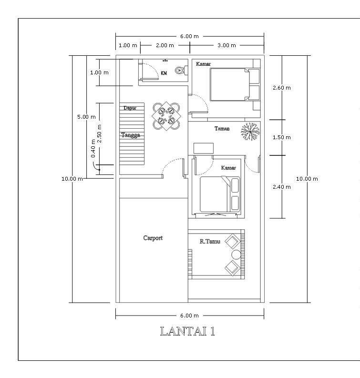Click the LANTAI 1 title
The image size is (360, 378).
click(x=187, y=331)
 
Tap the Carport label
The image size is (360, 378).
click(x=153, y=238)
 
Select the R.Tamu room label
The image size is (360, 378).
click(x=209, y=242)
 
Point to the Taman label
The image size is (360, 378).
click(x=222, y=129)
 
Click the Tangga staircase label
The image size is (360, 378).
click(x=130, y=135)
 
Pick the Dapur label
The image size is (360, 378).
click(x=130, y=108)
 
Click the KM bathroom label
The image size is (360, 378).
click(x=164, y=73)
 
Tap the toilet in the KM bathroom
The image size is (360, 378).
click(x=180, y=71)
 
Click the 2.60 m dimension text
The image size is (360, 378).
click(x=281, y=88)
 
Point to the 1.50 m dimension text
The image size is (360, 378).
click(x=281, y=137)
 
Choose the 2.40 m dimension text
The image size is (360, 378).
click(x=281, y=187)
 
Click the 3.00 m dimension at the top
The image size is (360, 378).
click(x=226, y=45)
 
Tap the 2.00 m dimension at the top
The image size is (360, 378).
click(x=165, y=45)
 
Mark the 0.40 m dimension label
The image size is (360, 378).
click(x=93, y=148)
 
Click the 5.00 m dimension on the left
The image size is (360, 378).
click(x=86, y=117)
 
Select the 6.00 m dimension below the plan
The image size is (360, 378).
click(x=189, y=315)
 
